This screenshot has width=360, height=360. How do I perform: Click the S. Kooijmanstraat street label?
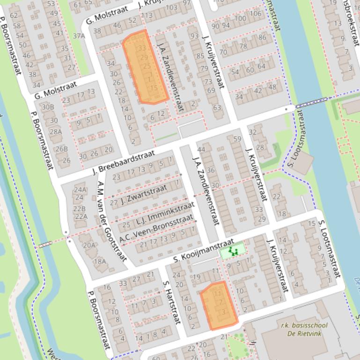click(203, 250)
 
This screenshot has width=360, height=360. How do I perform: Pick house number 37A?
click(79, 36)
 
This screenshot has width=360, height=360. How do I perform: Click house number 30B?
click(48, 107)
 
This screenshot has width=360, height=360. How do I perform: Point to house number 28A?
click(56, 131)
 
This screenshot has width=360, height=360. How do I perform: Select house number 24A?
click(80, 189)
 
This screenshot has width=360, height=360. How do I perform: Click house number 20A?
click(89, 245)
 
